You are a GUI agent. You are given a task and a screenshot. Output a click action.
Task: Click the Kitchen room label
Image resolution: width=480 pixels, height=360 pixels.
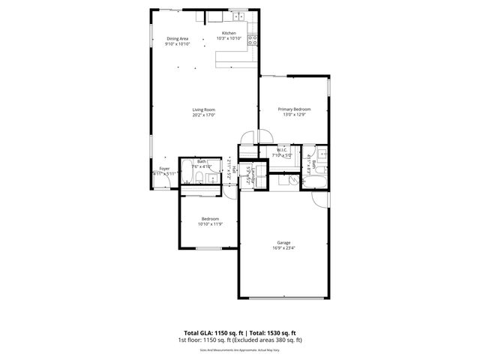229,33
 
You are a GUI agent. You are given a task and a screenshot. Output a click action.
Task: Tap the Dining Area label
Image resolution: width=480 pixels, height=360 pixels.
178,38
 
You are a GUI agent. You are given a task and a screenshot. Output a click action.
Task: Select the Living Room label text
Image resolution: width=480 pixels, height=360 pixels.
203,109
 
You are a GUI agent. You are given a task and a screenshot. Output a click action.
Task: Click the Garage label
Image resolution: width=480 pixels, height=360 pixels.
283,242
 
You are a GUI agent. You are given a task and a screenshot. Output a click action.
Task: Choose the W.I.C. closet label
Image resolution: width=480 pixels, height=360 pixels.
282,150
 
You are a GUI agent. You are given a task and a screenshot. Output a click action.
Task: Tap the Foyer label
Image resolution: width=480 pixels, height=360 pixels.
163,169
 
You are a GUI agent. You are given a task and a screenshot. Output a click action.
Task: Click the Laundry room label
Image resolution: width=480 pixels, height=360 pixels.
256,178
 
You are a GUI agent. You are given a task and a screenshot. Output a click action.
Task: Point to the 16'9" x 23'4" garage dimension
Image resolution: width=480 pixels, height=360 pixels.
283,248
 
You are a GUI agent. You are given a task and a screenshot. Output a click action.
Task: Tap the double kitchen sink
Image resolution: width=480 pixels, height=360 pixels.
239,16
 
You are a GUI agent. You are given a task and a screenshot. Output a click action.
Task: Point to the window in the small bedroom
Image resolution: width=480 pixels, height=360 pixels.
208,249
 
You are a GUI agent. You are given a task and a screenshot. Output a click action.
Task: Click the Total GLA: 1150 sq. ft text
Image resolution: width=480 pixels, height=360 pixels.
211,332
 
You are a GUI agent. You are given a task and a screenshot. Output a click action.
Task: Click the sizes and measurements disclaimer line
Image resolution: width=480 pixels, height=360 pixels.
239,349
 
